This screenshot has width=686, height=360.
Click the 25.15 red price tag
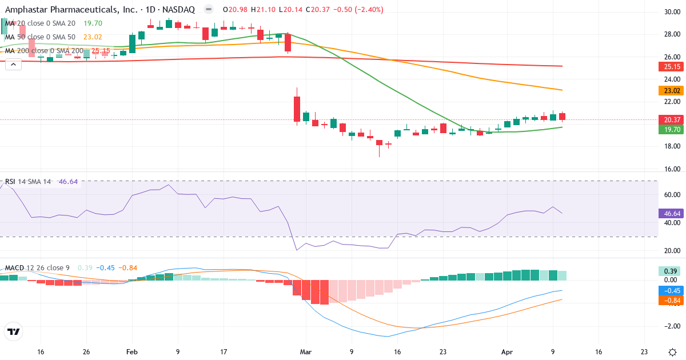(x=671, y=66)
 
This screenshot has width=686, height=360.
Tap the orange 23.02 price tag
(x=671, y=90)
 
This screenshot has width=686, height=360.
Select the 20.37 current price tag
(x=671, y=119)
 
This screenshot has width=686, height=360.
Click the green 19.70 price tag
(x=671, y=130)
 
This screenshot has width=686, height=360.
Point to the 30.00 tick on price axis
(x=671, y=12)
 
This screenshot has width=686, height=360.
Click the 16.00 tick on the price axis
(x=671, y=169)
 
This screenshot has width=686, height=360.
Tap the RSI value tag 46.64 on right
(x=671, y=213)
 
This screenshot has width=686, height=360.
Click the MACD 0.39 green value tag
(x=671, y=271)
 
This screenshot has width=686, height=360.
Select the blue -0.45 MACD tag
(x=671, y=290)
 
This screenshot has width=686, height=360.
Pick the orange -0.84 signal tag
(x=671, y=301)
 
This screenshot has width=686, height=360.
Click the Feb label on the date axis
(x=132, y=352)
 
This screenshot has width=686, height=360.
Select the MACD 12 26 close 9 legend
(x=38, y=268)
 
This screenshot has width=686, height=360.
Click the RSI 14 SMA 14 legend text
(x=28, y=181)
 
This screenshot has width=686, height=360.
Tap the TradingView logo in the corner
(x=13, y=331)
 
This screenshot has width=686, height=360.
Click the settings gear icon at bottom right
(x=672, y=352)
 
